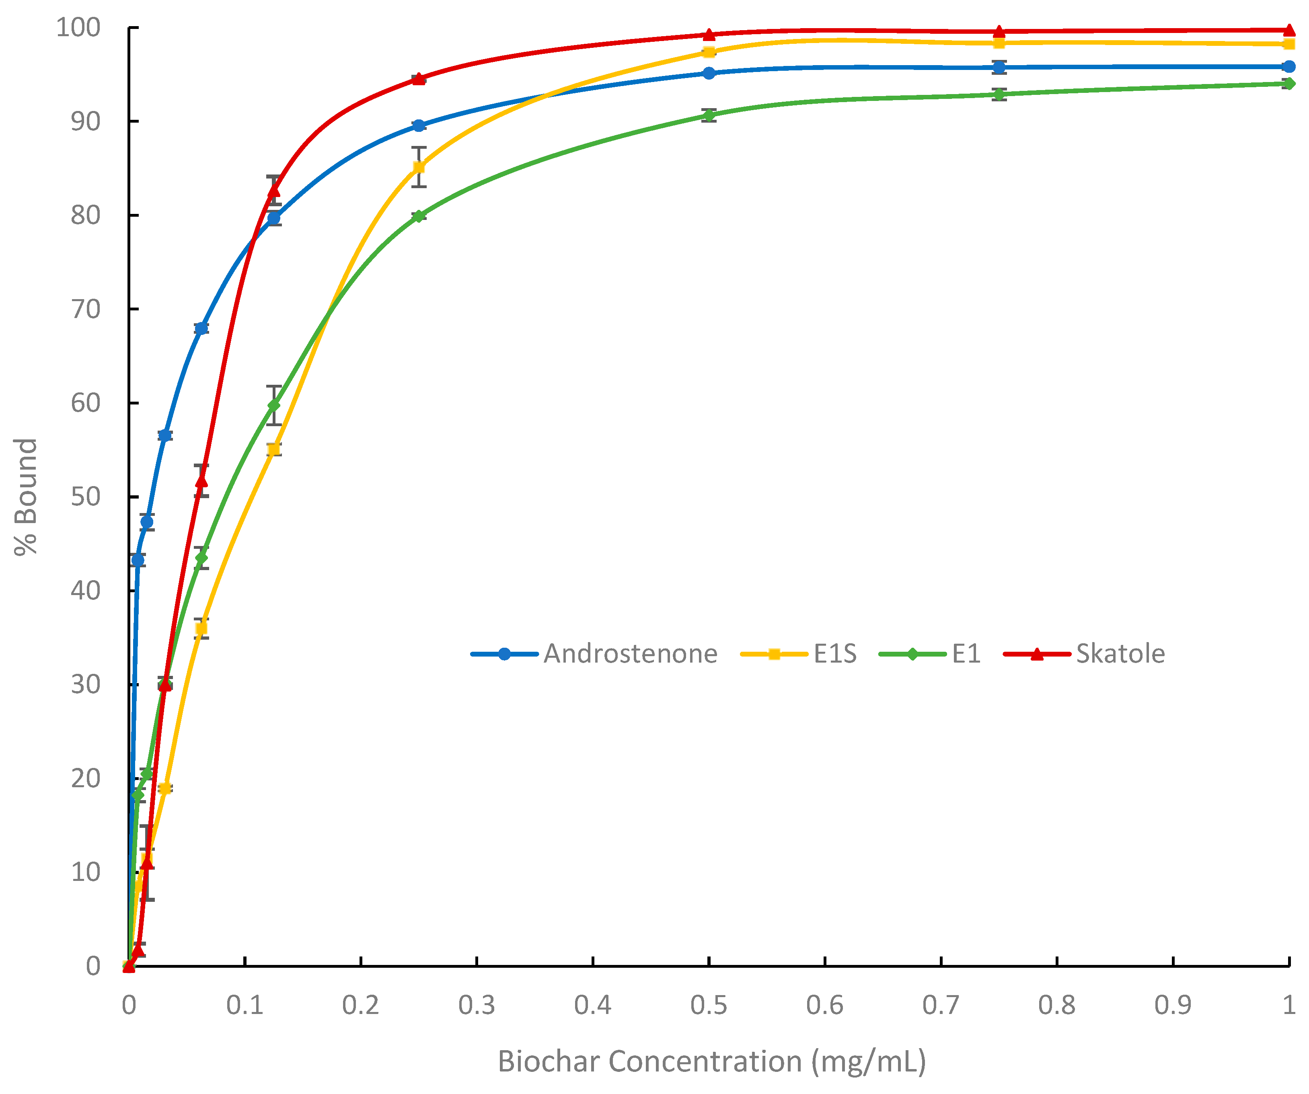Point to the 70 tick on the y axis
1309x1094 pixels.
(85, 309)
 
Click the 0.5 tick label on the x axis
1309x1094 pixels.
(709, 1005)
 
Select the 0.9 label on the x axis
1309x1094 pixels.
(1173, 1005)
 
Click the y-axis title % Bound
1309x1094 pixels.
(26, 497)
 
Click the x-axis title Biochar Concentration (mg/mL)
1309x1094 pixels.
(711, 1061)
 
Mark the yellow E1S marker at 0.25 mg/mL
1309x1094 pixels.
(419, 167)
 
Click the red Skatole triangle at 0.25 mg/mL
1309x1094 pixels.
(419, 78)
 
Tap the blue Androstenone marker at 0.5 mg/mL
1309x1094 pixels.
(709, 73)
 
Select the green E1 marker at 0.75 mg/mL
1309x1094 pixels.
(999, 94)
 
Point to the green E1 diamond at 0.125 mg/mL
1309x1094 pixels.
(273, 405)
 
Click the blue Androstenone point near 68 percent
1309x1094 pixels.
(201, 328)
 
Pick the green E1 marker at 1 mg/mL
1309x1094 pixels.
(1289, 84)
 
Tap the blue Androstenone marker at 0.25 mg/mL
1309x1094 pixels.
(419, 125)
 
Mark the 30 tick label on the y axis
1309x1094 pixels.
(85, 684)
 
